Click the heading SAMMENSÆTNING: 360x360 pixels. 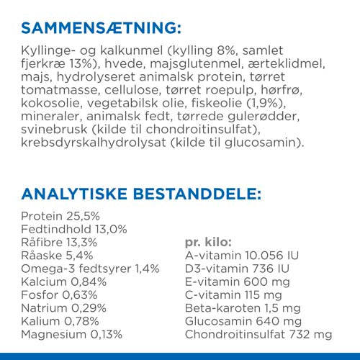102,29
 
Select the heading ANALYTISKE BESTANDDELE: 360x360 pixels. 141,194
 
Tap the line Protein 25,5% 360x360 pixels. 60,216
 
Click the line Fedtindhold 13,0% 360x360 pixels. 74,229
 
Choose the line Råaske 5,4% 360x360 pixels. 58,256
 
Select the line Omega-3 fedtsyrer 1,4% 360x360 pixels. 90,269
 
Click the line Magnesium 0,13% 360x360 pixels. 72,335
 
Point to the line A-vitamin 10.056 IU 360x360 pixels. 243,256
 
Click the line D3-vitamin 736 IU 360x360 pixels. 234,269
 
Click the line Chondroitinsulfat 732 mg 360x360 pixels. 258,335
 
